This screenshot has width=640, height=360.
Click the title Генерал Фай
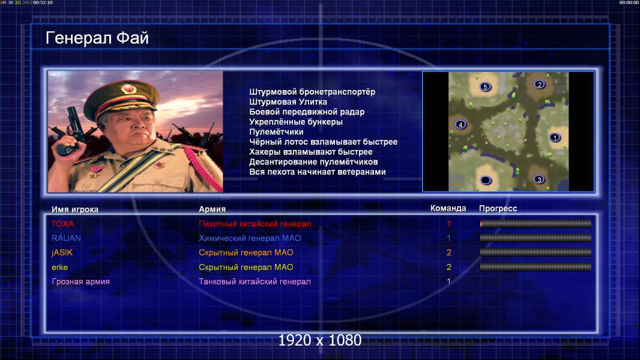[97, 38]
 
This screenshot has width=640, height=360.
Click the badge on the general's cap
[128, 88]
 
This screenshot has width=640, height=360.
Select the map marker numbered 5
[485, 87]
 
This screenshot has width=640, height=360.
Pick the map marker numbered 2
[540, 85]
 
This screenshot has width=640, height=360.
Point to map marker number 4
[460, 124]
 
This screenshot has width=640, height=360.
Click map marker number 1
[554, 137]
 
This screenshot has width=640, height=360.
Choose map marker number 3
[539, 179]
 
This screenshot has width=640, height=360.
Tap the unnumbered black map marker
[485, 180]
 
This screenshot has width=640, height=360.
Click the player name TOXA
[62, 224]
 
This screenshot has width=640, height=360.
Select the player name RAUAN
[66, 238]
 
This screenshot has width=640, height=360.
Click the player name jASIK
[62, 253]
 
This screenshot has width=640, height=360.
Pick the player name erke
[59, 268]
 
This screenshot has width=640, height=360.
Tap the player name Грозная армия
[80, 282]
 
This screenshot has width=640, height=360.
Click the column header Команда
[448, 208]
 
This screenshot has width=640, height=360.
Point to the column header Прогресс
[498, 209]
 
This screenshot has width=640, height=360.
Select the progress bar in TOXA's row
[536, 223]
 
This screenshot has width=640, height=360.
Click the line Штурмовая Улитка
[288, 102]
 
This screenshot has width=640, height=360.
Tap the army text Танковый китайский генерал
[255, 282]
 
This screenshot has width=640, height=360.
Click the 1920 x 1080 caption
[319, 340]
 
